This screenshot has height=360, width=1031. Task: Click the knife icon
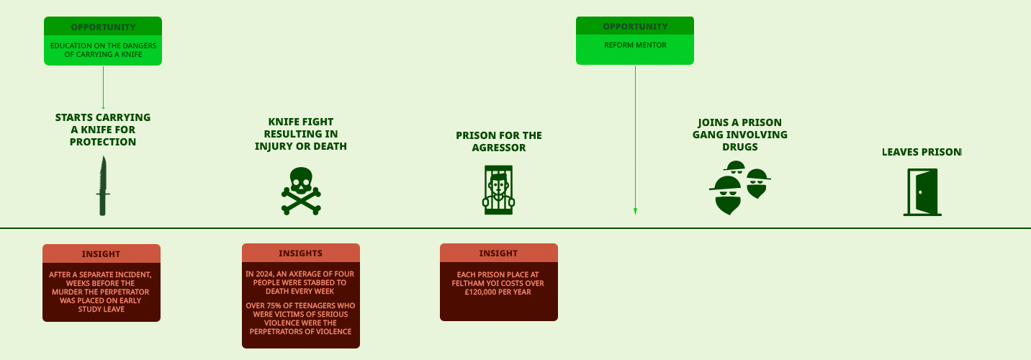pyautogui.click(x=103, y=186)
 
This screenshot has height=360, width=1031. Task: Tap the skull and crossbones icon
pyautogui.click(x=301, y=191)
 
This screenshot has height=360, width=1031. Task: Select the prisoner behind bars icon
pyautogui.click(x=498, y=190)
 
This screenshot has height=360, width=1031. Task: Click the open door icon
pyautogui.click(x=922, y=192)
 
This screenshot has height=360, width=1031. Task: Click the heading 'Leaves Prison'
pyautogui.click(x=922, y=152)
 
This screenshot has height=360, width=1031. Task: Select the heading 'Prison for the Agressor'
pyautogui.click(x=498, y=141)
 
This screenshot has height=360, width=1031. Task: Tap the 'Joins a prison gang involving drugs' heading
pyautogui.click(x=739, y=135)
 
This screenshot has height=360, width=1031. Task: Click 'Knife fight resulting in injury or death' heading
pyautogui.click(x=301, y=134)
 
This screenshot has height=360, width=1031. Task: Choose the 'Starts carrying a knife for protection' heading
pyautogui.click(x=103, y=130)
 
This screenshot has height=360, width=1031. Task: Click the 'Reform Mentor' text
pyautogui.click(x=635, y=45)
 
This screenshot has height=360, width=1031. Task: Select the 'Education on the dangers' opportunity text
pyautogui.click(x=103, y=50)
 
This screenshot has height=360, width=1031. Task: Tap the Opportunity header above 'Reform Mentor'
pyautogui.click(x=635, y=27)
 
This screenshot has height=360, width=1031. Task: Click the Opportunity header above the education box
pyautogui.click(x=103, y=27)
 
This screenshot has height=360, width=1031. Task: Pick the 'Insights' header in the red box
pyautogui.click(x=301, y=253)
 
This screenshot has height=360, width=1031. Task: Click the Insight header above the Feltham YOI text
pyautogui.click(x=498, y=253)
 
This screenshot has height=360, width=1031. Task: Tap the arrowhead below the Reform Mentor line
pyautogui.click(x=635, y=212)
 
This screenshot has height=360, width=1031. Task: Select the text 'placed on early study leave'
pyautogui.click(x=101, y=305)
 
